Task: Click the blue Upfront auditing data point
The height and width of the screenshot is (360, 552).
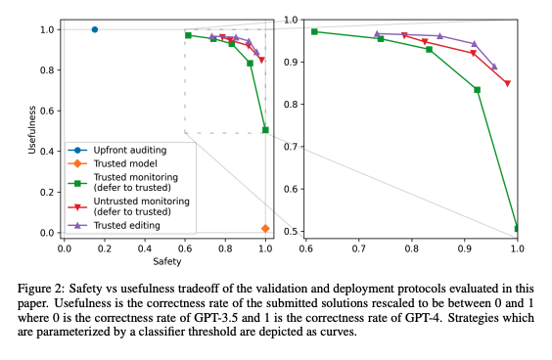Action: [x=94, y=29]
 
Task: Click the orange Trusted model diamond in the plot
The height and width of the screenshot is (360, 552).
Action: [x=265, y=228]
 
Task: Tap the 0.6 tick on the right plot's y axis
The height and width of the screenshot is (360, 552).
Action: [x=292, y=189]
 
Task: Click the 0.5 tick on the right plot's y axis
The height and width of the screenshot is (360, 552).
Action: [x=292, y=231]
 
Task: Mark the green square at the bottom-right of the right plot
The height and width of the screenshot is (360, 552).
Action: [x=517, y=228]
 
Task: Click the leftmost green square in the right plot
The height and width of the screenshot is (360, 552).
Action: [x=314, y=31]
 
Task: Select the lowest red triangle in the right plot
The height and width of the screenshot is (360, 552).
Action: [x=507, y=84]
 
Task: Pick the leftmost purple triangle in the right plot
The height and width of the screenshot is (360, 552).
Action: [x=377, y=33]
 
